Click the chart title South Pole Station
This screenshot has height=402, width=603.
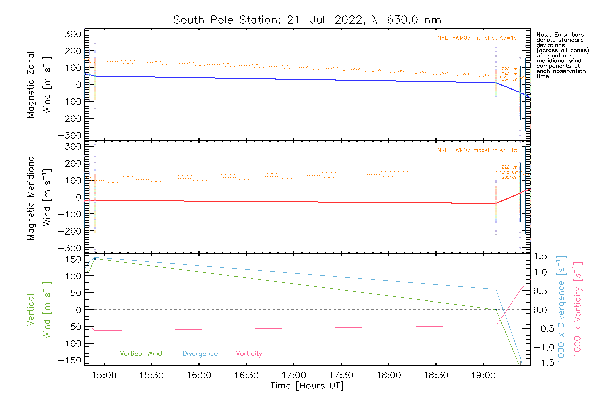click(x=307, y=20)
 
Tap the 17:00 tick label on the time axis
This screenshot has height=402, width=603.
click(x=294, y=375)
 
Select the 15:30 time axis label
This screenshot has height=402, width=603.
click(x=151, y=375)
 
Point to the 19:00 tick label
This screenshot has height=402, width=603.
click(x=483, y=375)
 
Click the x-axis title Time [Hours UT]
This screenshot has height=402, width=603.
click(x=307, y=386)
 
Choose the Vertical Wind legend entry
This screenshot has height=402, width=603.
click(x=141, y=354)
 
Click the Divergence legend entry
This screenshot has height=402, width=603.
click(x=200, y=354)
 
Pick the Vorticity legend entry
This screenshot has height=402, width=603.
click(x=249, y=354)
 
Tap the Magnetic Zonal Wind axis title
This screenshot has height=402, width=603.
click(x=39, y=85)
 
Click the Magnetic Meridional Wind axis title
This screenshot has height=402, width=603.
click(x=39, y=197)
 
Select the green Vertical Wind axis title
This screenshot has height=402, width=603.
click(x=39, y=310)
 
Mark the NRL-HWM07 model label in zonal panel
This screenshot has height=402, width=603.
click(x=477, y=38)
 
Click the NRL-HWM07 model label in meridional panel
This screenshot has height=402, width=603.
click(x=477, y=150)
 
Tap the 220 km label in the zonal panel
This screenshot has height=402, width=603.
click(x=509, y=69)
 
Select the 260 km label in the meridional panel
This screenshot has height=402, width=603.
click(x=509, y=177)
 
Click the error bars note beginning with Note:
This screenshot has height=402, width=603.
click(x=562, y=55)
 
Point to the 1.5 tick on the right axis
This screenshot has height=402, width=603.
click(x=540, y=256)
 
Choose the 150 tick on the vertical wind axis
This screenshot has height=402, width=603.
click(x=73, y=259)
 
